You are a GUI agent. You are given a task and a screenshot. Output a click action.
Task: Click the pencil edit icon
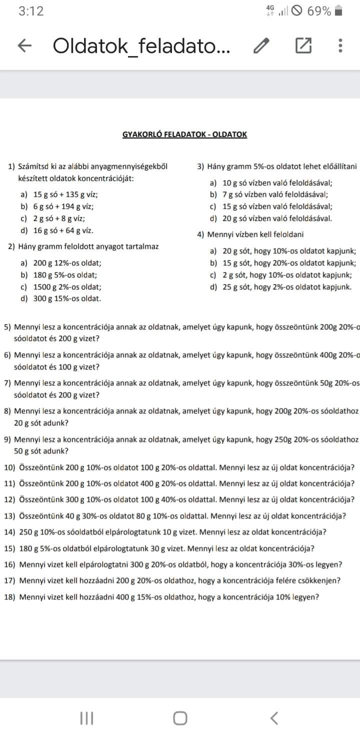[x=261, y=46]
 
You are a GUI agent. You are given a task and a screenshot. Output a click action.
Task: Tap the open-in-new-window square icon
[x=302, y=46]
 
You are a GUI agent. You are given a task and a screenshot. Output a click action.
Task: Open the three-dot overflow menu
[x=340, y=46]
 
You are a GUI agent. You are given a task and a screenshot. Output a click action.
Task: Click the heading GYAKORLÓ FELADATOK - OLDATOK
[x=184, y=134]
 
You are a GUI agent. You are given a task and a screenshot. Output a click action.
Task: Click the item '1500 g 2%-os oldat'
[x=67, y=287]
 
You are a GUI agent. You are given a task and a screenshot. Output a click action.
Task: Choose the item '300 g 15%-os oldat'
[x=67, y=299]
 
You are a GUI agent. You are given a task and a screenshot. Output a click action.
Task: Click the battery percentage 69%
[x=319, y=11]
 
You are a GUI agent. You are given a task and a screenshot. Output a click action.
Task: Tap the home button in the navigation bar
[x=180, y=718]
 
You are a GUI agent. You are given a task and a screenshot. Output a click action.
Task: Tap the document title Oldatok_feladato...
[x=141, y=46]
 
